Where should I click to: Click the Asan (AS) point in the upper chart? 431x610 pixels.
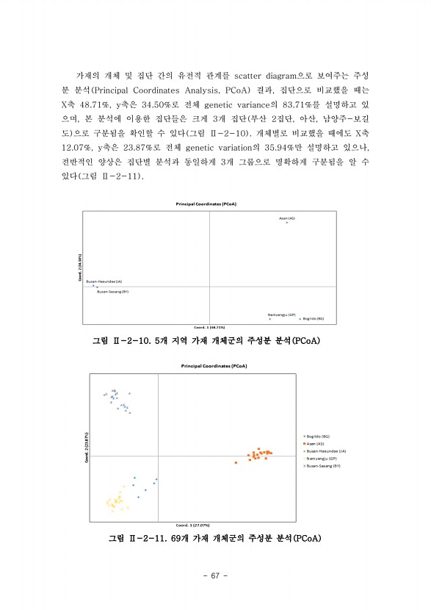287,222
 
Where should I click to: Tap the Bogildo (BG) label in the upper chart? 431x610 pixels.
314,319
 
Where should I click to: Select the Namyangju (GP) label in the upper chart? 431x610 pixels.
281,314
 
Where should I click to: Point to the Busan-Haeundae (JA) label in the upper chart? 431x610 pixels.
104,281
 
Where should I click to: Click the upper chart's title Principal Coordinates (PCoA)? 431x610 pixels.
211,204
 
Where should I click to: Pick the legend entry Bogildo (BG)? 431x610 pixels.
318,437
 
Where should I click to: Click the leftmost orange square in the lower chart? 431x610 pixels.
236,462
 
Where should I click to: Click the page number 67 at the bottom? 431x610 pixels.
215,575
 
